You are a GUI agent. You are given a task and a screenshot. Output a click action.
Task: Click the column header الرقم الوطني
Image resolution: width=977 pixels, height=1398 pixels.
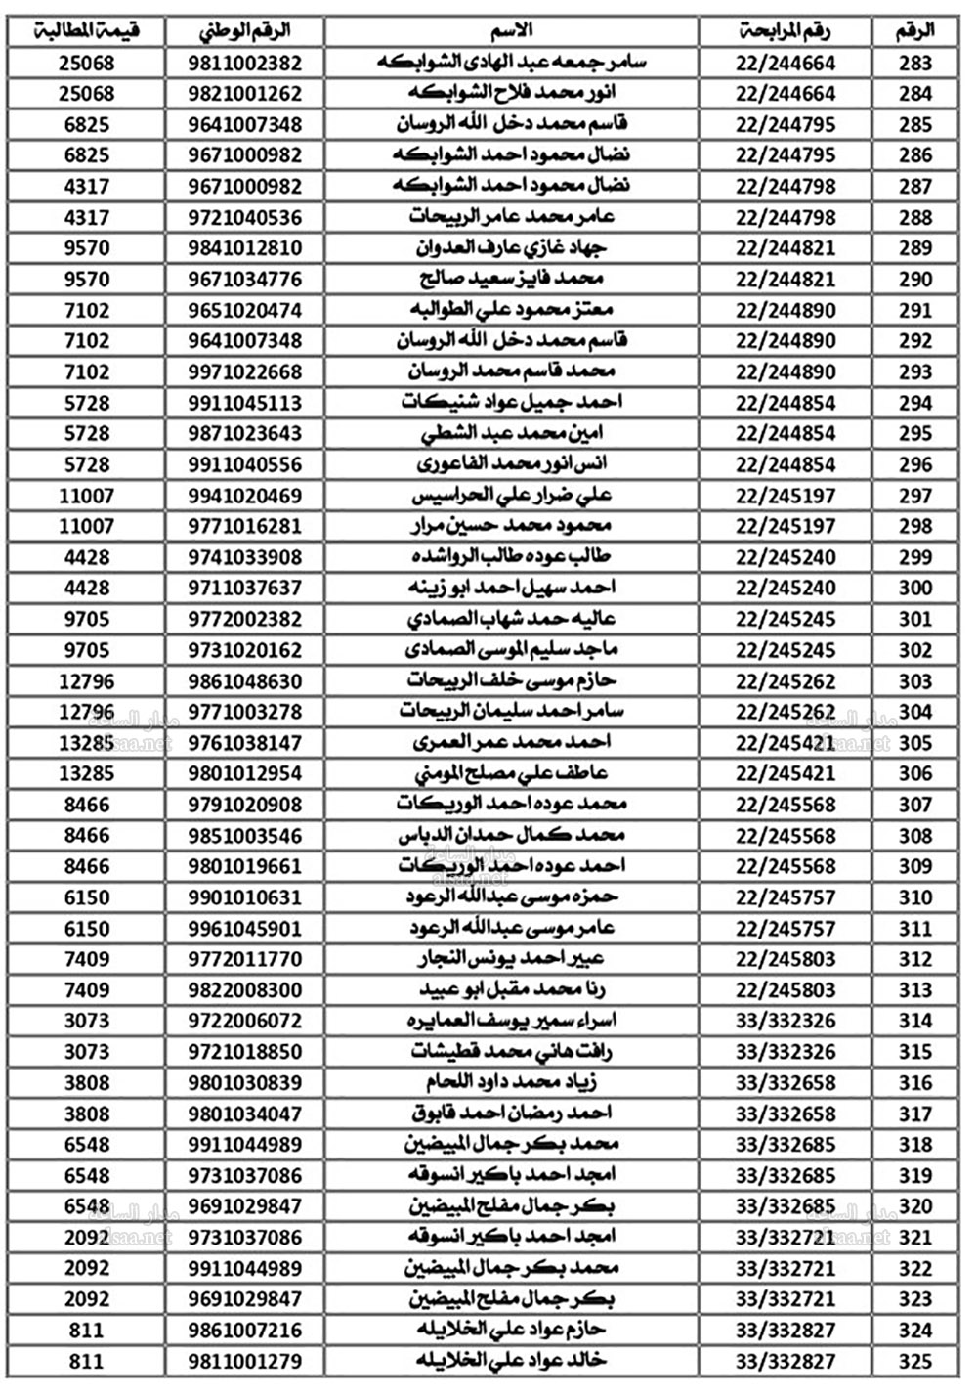(x=245, y=31)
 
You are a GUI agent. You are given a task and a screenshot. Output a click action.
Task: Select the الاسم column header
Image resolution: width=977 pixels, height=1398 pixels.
(x=510, y=31)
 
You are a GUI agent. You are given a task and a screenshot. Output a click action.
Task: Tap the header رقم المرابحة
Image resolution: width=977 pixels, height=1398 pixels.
(x=785, y=31)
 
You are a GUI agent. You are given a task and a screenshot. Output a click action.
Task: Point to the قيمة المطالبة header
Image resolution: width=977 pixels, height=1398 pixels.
(x=87, y=31)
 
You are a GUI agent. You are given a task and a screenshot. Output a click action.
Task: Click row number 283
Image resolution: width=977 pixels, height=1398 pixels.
(x=915, y=64)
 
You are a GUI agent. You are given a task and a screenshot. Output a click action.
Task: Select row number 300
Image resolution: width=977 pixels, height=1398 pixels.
(x=915, y=588)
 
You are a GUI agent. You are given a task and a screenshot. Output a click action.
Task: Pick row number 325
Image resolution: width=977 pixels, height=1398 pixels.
(x=915, y=1361)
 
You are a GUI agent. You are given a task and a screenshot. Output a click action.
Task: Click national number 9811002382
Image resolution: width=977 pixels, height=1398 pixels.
(x=245, y=64)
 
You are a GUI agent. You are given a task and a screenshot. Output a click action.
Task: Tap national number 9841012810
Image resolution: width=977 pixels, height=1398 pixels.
(x=245, y=248)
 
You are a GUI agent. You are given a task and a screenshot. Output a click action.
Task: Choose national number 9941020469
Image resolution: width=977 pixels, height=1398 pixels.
(x=245, y=496)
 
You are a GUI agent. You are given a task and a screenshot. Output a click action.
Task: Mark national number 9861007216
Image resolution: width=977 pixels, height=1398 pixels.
(x=245, y=1331)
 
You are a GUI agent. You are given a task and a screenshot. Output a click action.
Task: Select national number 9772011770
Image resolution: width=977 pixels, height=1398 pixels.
(x=245, y=959)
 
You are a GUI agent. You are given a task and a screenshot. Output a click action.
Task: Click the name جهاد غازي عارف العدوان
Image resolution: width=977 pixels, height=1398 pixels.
(x=510, y=248)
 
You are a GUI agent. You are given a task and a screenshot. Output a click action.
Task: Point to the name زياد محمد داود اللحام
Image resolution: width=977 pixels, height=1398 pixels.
(x=510, y=1083)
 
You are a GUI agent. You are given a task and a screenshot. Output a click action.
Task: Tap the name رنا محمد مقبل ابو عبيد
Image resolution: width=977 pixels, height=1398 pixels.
(x=510, y=990)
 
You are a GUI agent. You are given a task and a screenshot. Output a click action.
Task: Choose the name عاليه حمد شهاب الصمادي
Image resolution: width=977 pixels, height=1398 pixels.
(x=510, y=619)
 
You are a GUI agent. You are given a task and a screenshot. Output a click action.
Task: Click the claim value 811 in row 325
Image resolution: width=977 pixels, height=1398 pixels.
(x=87, y=1361)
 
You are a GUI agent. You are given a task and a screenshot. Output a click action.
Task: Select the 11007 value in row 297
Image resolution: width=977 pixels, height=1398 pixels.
(x=87, y=496)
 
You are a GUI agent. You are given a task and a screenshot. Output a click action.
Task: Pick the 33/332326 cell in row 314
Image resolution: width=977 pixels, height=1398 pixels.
(x=785, y=1021)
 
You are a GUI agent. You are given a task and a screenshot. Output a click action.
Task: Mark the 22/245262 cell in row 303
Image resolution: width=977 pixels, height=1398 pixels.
(x=785, y=681)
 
